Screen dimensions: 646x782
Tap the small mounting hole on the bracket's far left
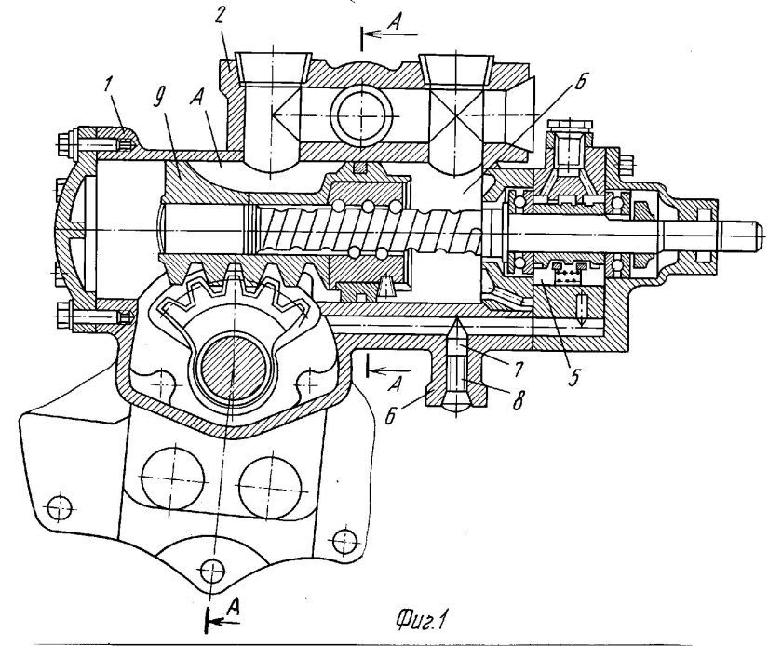tap(60, 507)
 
